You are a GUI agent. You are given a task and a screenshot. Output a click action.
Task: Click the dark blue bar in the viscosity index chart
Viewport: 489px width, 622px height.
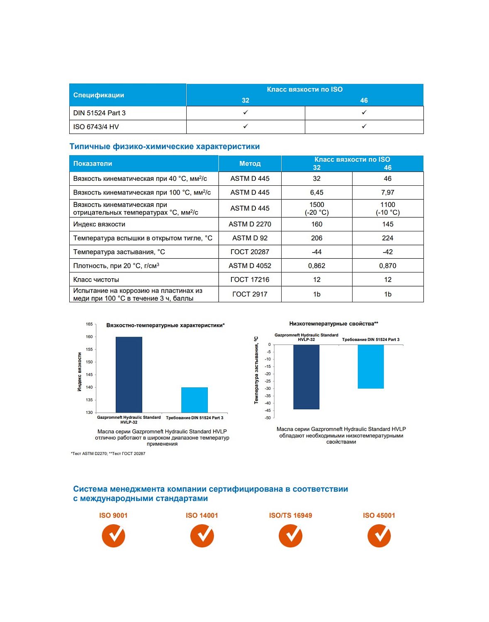[129, 374]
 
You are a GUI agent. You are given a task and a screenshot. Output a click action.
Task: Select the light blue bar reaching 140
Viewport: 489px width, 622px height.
[194, 400]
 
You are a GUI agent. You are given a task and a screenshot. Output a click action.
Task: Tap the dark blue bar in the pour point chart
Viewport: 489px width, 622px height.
[306, 377]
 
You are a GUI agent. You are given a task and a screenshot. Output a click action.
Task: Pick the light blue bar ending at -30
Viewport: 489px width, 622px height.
[370, 366]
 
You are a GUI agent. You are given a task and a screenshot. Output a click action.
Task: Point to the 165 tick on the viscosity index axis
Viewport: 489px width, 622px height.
[89, 324]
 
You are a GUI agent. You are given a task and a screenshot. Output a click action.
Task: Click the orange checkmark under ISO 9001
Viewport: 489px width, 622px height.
[113, 535]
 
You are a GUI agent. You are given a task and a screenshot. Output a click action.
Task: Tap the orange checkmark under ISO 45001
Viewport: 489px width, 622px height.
[379, 535]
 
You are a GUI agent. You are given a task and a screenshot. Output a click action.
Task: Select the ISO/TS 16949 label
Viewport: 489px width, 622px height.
[290, 515]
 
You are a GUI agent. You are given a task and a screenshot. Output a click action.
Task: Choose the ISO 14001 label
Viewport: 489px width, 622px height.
[202, 515]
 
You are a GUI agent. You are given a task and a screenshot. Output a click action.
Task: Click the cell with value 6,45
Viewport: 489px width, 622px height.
[316, 192]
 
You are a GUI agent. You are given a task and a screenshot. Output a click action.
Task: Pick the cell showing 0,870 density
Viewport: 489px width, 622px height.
[387, 266]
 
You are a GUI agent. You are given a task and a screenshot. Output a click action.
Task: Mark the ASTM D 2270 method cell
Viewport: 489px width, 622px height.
[250, 224]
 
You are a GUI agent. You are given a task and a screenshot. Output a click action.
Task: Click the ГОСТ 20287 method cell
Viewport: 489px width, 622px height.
[250, 252]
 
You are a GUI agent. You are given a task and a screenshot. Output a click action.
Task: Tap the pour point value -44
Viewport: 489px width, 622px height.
[316, 252]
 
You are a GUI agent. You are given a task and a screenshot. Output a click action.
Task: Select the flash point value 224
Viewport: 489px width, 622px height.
[387, 238]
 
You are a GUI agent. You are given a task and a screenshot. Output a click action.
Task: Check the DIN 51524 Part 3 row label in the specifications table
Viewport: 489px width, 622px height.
[100, 113]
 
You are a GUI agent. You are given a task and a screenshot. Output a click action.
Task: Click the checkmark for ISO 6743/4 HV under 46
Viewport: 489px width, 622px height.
[364, 126]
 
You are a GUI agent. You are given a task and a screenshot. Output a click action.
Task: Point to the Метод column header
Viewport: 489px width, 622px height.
[250, 163]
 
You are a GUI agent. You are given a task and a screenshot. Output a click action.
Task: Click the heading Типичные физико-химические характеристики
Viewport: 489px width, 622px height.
[164, 146]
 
